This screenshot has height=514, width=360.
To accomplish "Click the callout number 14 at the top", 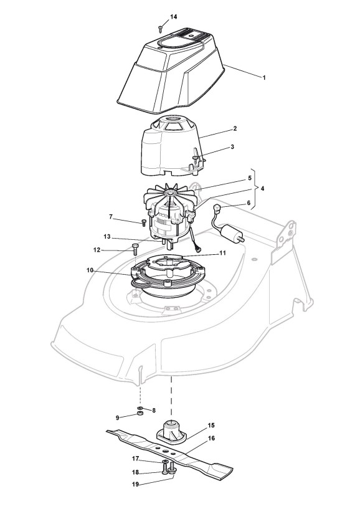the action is pos(174,16).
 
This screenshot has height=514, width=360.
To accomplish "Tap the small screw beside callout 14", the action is pos(160,29).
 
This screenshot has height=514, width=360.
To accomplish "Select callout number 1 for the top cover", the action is pos(264,78).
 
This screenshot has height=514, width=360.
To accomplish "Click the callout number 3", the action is pos(232,146).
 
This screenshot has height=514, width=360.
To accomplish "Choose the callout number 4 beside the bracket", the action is pos(262,189).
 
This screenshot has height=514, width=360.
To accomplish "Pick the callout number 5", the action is pos(250,178).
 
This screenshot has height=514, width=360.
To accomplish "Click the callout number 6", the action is pos(249,203).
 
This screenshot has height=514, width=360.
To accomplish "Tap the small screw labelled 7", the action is pos(143,222).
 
